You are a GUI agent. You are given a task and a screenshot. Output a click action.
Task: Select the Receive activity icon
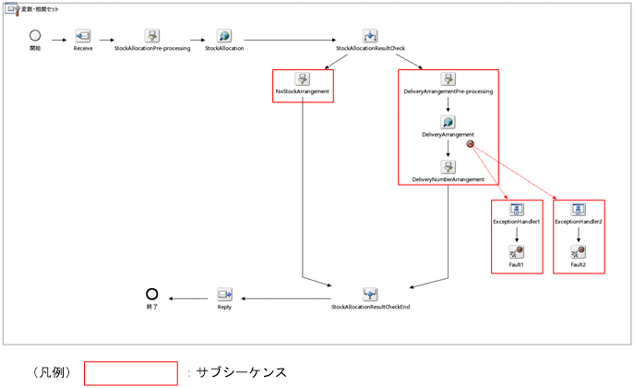coord(83,36)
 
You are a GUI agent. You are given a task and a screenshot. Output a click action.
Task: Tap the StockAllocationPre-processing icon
coord(152,36)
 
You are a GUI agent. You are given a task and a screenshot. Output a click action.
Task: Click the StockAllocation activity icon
coord(224,36)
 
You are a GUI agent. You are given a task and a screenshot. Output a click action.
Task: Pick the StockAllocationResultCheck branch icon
coord(370,36)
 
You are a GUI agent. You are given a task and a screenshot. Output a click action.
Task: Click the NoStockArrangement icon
coord(302,79)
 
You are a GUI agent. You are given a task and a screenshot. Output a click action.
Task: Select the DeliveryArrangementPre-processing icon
coord(448,79)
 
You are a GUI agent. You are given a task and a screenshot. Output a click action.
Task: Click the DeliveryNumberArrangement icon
coord(448,166)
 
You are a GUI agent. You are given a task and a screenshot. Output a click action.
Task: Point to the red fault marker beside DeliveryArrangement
coord(471,144)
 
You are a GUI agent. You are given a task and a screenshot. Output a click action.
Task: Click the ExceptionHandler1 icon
coord(517,210)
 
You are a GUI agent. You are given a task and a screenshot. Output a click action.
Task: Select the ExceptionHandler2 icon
coord(579,210)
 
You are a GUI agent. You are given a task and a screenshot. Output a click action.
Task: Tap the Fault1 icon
coord(517,252)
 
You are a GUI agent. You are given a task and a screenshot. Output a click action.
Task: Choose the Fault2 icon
coord(579,252)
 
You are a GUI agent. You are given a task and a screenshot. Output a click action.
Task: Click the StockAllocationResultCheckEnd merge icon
coord(370,294)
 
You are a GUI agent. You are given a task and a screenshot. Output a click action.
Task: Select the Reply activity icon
coord(224,294)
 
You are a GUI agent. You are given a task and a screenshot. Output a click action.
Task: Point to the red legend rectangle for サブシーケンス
coord(130,372)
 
